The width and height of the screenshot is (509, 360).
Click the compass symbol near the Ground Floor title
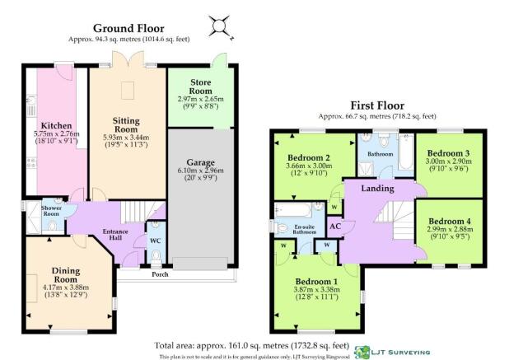[x=220, y=26]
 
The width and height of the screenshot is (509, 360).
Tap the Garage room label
[x=200, y=162]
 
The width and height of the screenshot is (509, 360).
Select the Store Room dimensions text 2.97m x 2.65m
[x=201, y=99]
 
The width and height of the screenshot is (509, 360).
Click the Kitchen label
[x=56, y=125]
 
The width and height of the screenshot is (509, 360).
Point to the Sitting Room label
[x=126, y=125]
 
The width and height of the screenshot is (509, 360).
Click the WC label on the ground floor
[x=156, y=241]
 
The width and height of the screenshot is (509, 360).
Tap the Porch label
[x=160, y=274]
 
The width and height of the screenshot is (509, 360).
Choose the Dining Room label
[x=66, y=275]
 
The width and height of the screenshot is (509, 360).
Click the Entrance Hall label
[x=115, y=235]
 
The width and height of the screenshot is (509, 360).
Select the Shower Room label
[x=51, y=211]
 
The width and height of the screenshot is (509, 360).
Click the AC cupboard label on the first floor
[x=335, y=226]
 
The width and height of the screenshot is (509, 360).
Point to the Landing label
[x=377, y=189]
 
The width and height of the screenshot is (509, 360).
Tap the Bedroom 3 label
[x=448, y=153]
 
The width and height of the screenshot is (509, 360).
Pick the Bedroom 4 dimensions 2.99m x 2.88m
[x=451, y=229]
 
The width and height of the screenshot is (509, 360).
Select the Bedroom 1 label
[x=316, y=282]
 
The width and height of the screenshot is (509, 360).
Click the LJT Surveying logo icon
[x=362, y=353]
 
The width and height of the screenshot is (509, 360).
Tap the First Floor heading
[x=377, y=105]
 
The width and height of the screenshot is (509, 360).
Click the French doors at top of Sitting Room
[x=128, y=59]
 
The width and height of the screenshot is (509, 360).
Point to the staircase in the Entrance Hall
[x=142, y=212]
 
